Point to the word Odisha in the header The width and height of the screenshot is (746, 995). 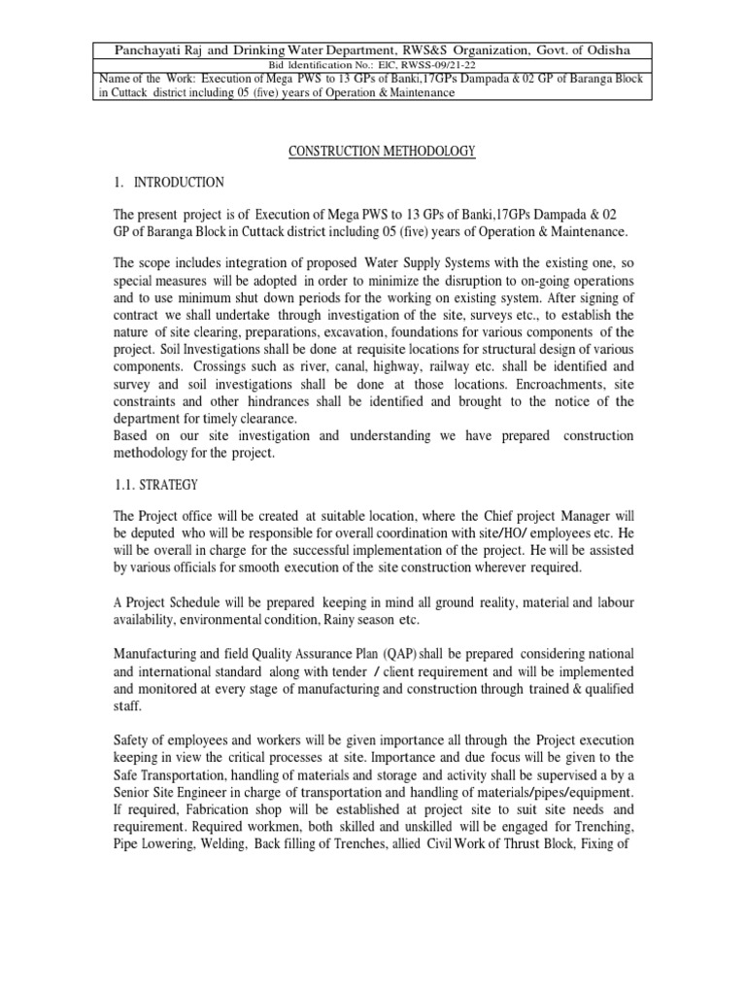click(x=608, y=50)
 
